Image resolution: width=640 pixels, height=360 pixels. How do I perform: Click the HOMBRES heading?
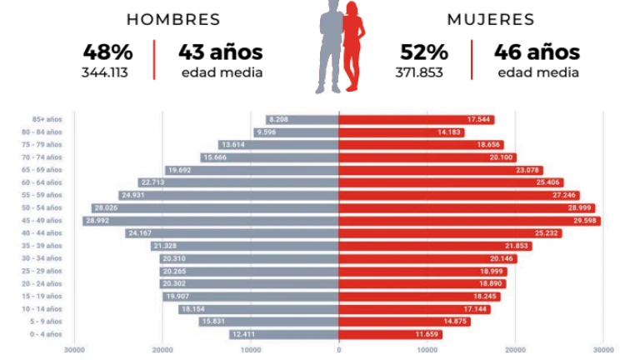[173, 19]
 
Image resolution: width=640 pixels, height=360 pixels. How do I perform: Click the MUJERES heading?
[491, 19]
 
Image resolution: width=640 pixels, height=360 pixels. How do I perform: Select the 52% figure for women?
[423, 52]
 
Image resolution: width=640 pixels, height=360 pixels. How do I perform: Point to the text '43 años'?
[221, 52]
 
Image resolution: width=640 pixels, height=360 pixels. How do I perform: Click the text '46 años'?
[537, 52]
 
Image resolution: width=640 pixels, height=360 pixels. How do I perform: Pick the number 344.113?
[104, 72]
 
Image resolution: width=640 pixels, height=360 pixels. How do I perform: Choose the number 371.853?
[419, 72]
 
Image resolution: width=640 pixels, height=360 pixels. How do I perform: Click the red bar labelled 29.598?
[470, 221]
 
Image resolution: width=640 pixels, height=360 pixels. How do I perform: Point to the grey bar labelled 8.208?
[302, 120]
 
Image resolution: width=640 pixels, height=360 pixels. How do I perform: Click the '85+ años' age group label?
[47, 120]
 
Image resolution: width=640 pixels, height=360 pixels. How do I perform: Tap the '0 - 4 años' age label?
[46, 334]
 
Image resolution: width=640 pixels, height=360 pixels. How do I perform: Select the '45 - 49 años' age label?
[44, 221]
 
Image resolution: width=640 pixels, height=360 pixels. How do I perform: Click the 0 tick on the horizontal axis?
[339, 350]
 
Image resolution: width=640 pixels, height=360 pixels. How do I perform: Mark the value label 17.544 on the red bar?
[479, 120]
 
